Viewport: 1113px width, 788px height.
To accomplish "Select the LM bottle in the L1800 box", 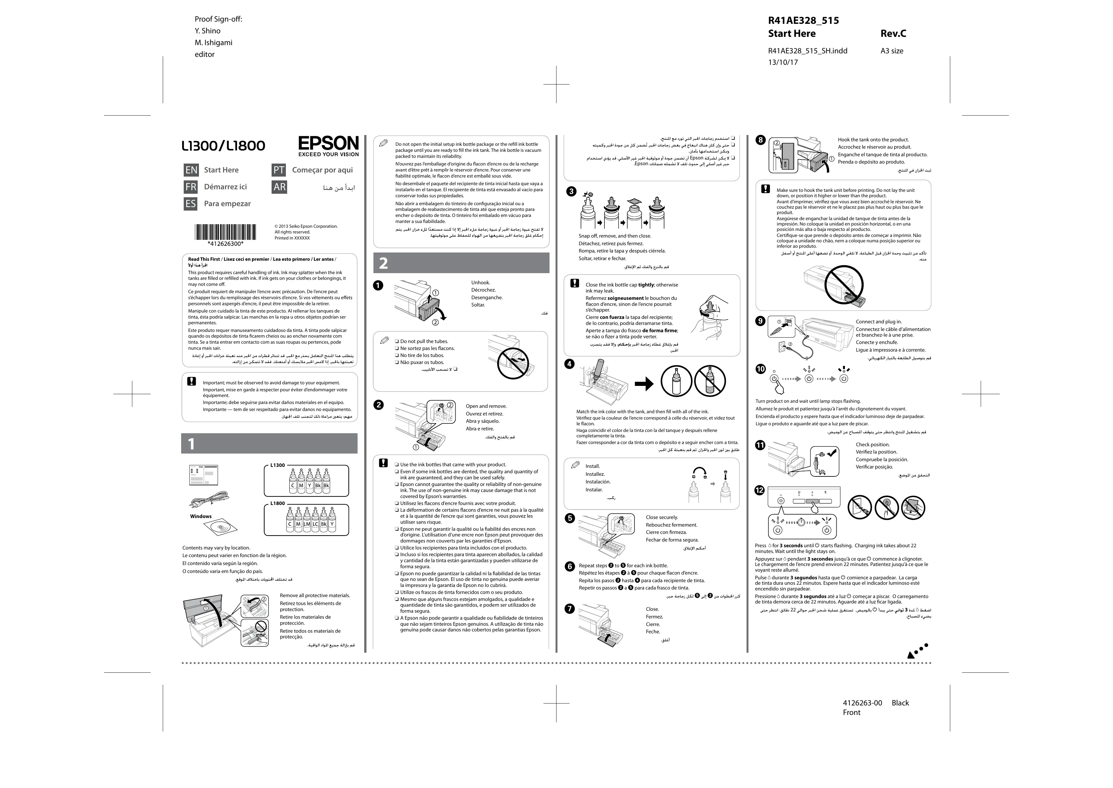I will tap(307, 520).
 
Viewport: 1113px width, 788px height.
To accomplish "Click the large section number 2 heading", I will tap(384, 263).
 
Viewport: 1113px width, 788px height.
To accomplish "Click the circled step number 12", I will tap(760, 491).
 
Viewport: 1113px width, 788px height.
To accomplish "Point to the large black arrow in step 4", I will tap(644, 384).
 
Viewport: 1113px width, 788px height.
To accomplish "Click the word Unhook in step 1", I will tap(480, 282).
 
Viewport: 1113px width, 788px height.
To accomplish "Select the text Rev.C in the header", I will tap(893, 33).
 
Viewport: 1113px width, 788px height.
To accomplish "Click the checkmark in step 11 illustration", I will tap(831, 453).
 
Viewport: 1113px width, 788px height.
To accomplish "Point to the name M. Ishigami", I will tap(213, 43).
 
